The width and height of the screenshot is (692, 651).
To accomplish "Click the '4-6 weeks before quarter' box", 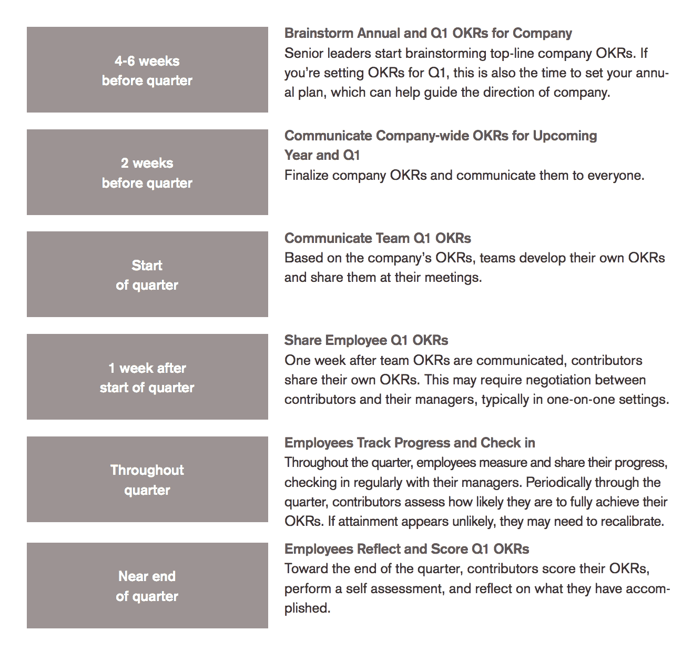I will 147,70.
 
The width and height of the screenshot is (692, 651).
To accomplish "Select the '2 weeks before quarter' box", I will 147,172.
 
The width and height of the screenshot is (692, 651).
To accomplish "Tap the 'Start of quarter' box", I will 147,274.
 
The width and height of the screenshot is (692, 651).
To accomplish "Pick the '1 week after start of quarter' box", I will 147,377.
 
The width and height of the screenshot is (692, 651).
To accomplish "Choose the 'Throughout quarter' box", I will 147,480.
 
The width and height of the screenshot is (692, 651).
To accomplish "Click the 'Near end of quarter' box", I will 147,586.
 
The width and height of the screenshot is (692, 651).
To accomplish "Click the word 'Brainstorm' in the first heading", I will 319,33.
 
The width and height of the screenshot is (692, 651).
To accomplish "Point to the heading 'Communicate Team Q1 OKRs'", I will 378,238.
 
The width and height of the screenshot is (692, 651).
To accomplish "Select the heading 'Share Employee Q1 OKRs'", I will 366,340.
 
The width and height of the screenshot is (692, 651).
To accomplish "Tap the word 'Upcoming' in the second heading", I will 565,136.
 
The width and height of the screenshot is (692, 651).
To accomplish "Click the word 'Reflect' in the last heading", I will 379,549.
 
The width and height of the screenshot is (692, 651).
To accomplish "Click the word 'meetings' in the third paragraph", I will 451,278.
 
